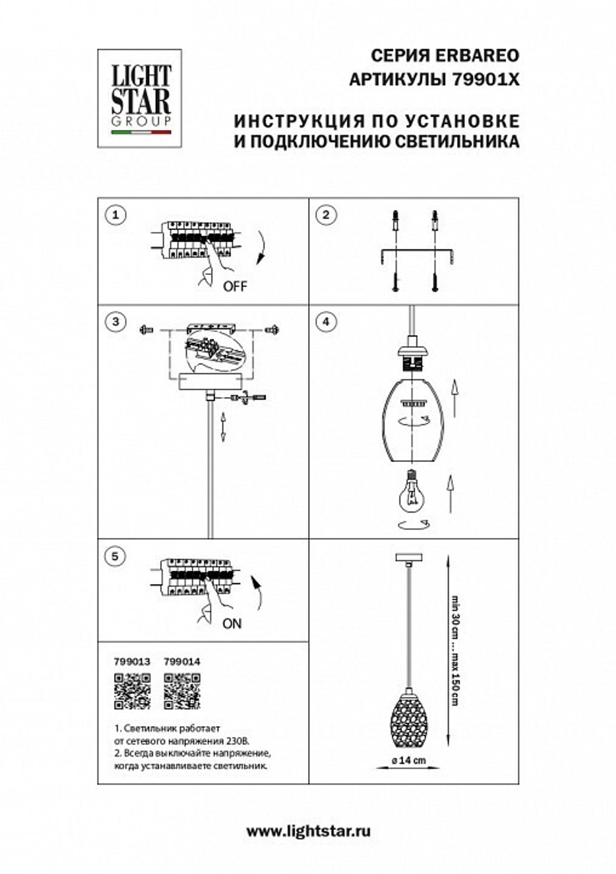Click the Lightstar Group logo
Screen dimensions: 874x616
pos(140,99)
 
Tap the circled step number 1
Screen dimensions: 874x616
pos(115,215)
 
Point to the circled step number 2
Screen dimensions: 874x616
pos(326,215)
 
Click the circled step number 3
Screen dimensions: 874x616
pos(115,321)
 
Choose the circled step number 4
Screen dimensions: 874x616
pos(326,321)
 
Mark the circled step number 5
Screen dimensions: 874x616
pos(115,556)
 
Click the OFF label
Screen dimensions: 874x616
pos(235,286)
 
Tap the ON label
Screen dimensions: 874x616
pos(232,624)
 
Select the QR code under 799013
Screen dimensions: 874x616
pos(132,691)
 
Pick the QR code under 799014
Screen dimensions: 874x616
pos(182,691)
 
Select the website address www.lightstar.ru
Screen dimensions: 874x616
pos(308,831)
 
